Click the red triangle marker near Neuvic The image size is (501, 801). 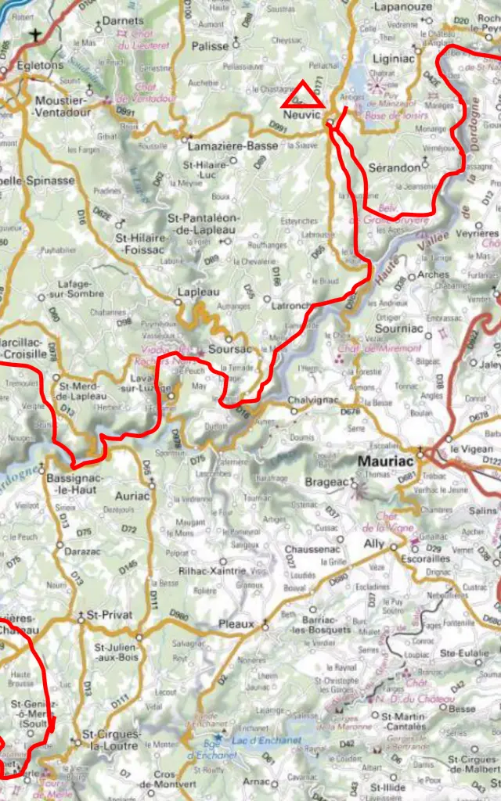pyautogui.click(x=302, y=95)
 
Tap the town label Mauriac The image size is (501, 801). pyautogui.click(x=386, y=462)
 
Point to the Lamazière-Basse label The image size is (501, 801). pyautogui.click(x=232, y=145)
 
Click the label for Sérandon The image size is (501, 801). pyautogui.click(x=394, y=167)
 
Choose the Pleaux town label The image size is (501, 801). pyautogui.click(x=236, y=624)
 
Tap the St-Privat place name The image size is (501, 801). pyautogui.click(x=110, y=616)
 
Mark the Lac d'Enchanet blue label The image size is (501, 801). pyautogui.click(x=267, y=741)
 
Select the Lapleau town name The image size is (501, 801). pyautogui.click(x=199, y=291)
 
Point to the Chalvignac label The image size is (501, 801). pyautogui.click(x=313, y=400)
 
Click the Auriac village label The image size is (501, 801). pyautogui.click(x=132, y=496)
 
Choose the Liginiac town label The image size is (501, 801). pyautogui.click(x=395, y=59)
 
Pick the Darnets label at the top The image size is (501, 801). pyautogui.click(x=124, y=21)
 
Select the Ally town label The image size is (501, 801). pyautogui.click(x=375, y=543)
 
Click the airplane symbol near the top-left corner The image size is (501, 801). pyautogui.click(x=35, y=34)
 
